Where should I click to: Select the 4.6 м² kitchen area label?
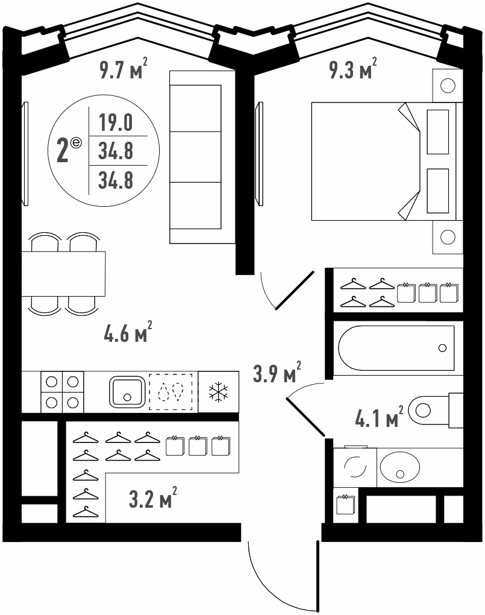(x=128, y=333)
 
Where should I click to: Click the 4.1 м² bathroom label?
(x=379, y=417)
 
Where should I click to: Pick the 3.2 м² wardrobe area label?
(x=153, y=498)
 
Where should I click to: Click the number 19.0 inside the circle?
(x=116, y=122)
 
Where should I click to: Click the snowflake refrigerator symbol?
(x=218, y=392)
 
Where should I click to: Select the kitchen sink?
(x=127, y=391)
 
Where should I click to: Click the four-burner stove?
(x=62, y=392)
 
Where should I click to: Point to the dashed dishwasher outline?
(x=171, y=392)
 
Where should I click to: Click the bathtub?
(x=396, y=348)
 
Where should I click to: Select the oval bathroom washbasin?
(x=399, y=467)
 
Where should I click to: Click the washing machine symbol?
(x=355, y=467)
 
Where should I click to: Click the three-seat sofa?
(x=202, y=157)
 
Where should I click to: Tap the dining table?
(x=63, y=274)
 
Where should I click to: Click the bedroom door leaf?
(x=295, y=290)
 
